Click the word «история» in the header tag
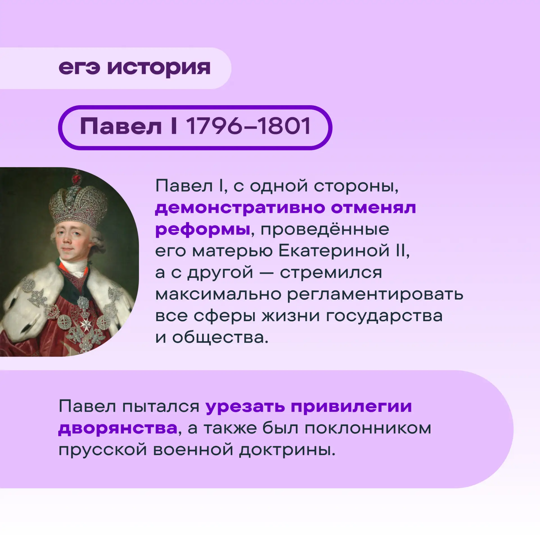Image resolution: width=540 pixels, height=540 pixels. pos(159,69)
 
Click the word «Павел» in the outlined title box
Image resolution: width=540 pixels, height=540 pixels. pos(121,126)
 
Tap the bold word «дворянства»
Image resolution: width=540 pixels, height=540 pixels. pos(118,429)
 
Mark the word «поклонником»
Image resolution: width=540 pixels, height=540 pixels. pos(368,429)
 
